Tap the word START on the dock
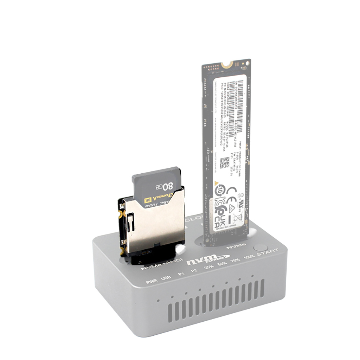click(x=268, y=252)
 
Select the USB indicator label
click(x=165, y=279)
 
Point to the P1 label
click(x=181, y=275)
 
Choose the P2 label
click(x=194, y=271)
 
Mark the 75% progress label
click(x=234, y=261)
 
